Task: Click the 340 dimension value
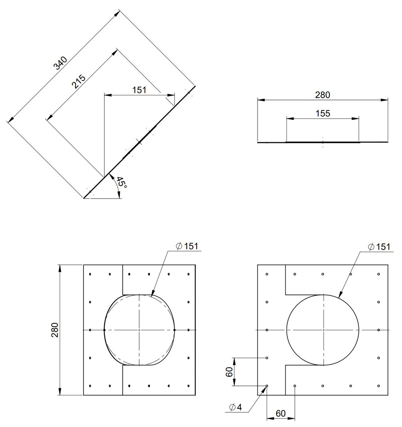(x=60, y=63)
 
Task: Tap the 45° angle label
(x=121, y=183)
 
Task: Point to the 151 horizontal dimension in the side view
(x=139, y=90)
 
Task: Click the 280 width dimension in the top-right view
(x=323, y=95)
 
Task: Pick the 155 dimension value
(x=323, y=113)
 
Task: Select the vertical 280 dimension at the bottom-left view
(x=55, y=330)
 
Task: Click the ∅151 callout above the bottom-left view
(x=187, y=246)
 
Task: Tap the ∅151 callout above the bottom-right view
(x=379, y=247)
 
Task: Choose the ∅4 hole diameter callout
(x=236, y=407)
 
